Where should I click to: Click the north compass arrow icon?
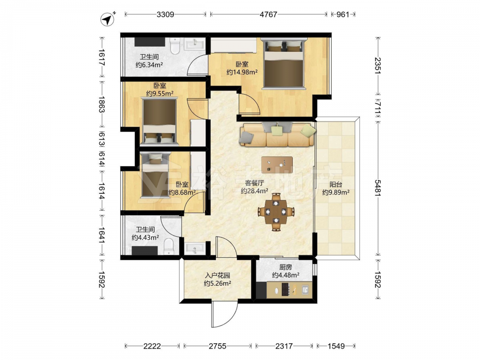pos(108,19)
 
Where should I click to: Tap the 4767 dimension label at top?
pos(268,14)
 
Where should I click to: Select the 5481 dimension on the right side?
pos(378,188)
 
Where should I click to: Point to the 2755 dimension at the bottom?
pos(217,346)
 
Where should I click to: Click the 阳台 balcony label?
pos(336,185)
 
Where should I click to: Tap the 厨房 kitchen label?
pos(285,267)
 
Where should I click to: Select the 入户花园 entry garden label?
pos(217,276)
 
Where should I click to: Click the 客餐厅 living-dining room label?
pos(254,183)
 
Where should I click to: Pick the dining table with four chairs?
pos(276,212)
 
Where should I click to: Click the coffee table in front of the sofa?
pos(277,165)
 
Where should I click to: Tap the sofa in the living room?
pos(277,134)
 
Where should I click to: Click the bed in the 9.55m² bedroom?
pos(159,121)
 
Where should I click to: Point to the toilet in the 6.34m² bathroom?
pos(175,46)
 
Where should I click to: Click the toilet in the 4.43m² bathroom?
pos(168,247)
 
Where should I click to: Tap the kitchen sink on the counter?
pos(305,289)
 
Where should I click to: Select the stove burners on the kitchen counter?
pos(285,289)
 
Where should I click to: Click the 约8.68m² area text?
pos(182,192)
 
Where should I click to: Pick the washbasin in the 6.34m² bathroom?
pos(194,44)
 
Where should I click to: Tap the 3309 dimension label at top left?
pos(165,14)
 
